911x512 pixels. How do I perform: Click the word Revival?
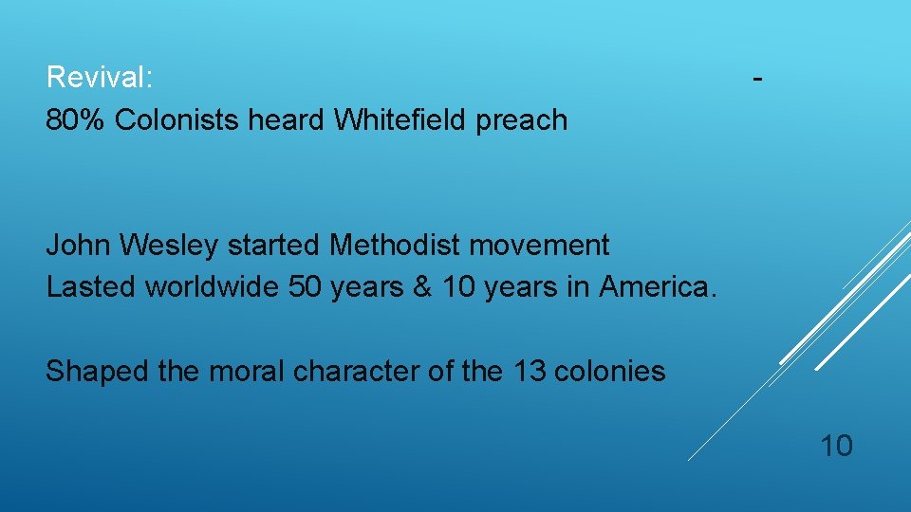point(100,77)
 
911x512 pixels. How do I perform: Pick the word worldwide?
point(214,285)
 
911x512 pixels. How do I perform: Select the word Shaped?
point(98,372)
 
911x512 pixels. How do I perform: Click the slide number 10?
point(836,445)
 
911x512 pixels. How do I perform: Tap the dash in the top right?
point(757,79)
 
